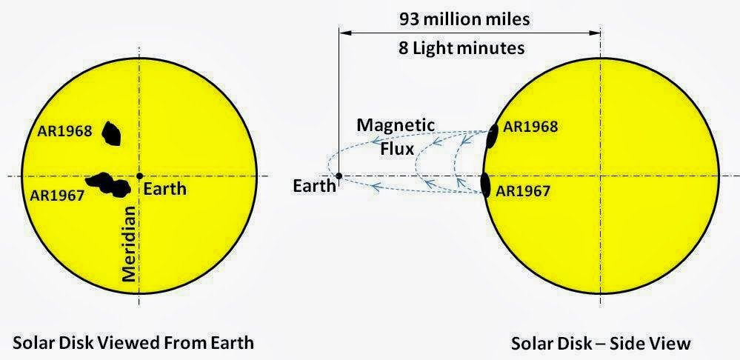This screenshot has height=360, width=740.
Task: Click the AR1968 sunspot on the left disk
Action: click(x=111, y=133)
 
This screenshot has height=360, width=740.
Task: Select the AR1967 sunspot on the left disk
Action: click(x=108, y=184)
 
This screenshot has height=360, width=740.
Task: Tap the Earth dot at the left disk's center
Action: click(x=139, y=176)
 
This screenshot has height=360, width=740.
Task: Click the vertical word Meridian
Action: click(x=129, y=244)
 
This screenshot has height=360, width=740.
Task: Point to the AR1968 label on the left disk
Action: click(x=64, y=130)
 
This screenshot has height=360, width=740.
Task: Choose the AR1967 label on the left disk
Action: click(x=56, y=194)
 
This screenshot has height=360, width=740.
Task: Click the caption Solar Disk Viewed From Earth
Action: click(x=133, y=342)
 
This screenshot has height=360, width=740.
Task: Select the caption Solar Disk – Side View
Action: click(x=601, y=344)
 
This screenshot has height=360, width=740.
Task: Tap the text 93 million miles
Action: click(x=464, y=19)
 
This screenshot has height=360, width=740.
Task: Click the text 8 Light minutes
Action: click(x=461, y=48)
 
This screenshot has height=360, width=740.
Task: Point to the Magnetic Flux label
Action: click(x=396, y=137)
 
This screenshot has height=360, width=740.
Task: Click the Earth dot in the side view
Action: click(x=339, y=176)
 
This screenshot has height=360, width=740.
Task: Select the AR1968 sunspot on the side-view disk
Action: click(x=492, y=136)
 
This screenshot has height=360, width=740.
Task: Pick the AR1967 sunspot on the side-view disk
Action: click(x=484, y=184)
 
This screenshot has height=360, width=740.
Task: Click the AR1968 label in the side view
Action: click(x=530, y=127)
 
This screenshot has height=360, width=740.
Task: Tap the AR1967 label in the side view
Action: click(x=523, y=191)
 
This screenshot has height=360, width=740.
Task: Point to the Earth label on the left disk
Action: click(x=164, y=190)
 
